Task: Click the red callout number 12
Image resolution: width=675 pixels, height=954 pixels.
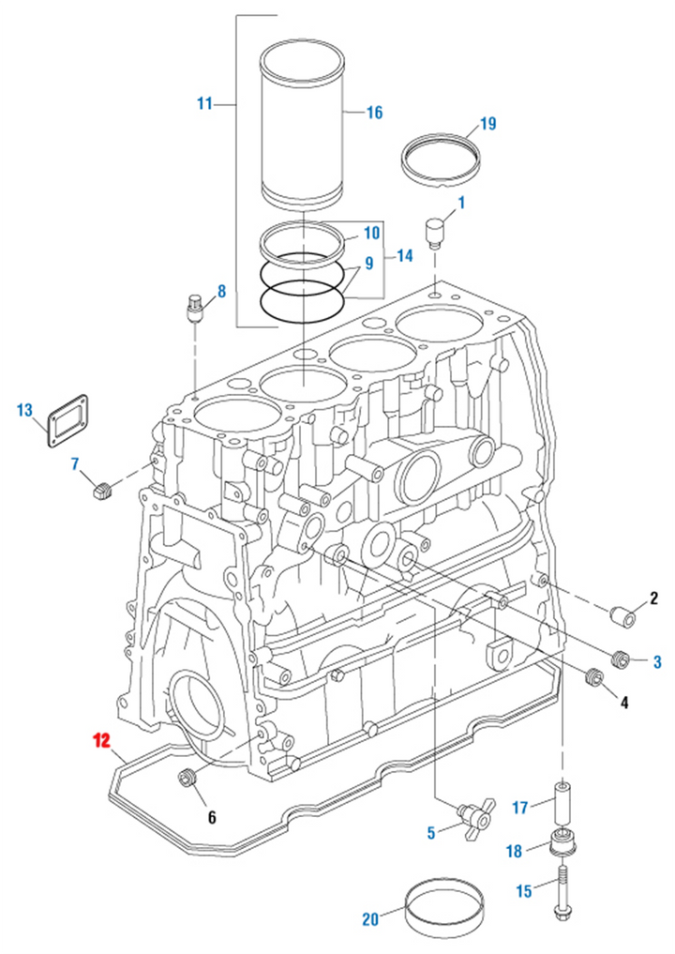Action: coord(100,741)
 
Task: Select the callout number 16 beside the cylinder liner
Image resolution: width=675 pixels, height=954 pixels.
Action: coord(373,113)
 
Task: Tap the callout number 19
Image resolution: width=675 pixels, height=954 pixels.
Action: coord(487,124)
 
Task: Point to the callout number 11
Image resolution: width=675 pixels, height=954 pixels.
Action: coord(204,103)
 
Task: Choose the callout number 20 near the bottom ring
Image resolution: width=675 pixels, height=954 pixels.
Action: coord(370,919)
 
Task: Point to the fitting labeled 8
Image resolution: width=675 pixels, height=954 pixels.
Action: coord(195,308)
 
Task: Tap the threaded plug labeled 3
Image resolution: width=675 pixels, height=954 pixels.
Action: coord(619,659)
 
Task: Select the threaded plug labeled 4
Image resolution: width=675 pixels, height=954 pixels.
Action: coord(592,676)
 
